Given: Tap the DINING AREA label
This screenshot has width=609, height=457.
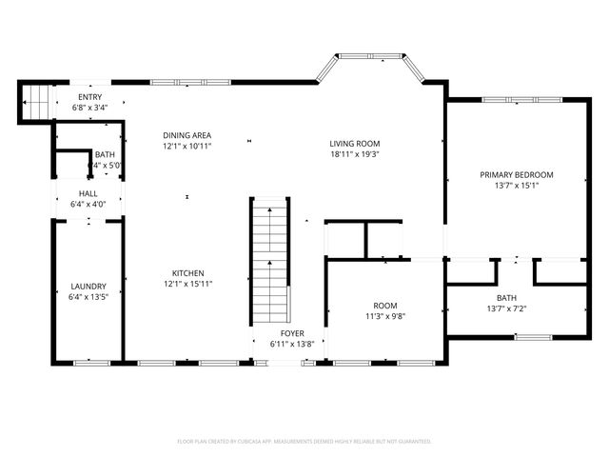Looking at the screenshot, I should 187,135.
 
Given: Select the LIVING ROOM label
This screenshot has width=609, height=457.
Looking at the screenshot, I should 355,144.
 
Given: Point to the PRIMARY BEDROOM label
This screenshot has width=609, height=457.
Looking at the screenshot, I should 517,175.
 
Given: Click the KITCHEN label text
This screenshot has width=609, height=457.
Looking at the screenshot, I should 187,272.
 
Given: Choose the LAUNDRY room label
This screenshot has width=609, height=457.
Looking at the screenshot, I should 88,286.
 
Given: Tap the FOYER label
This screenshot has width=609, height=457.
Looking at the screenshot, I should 291,333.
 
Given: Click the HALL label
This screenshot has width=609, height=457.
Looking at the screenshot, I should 88,193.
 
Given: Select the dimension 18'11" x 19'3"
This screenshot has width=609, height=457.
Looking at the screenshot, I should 355,154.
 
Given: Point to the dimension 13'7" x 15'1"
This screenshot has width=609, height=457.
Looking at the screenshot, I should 517,186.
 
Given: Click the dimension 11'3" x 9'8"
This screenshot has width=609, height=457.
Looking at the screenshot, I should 385,316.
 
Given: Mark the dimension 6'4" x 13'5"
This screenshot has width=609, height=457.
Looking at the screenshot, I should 88,296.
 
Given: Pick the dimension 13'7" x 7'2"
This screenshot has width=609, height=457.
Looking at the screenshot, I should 517,308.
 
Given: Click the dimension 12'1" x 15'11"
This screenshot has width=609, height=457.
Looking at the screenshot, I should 187,283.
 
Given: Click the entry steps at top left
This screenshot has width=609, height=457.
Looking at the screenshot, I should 34,101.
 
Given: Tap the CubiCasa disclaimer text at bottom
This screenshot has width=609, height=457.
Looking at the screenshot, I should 304,442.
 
